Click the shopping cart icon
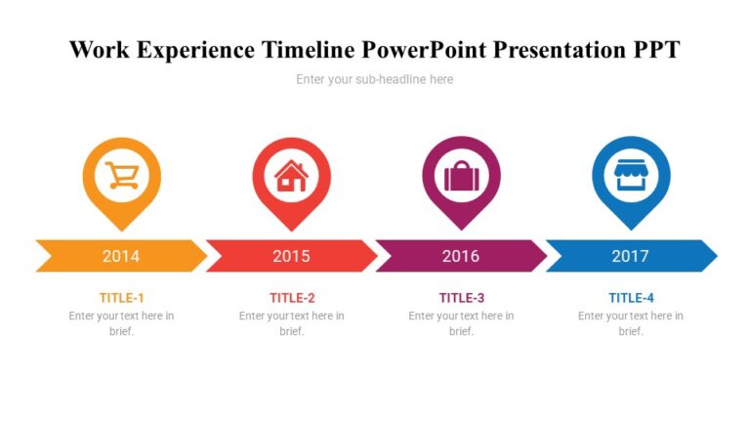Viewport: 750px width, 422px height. point(122,176)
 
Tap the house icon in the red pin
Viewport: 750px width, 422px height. point(291,176)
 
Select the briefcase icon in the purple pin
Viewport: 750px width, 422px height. point(461,176)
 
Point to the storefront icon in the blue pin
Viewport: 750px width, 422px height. point(631,176)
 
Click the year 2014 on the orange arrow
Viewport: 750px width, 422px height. point(121,256)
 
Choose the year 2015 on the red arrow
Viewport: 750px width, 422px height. point(291,256)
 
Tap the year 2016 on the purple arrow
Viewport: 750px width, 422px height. point(461,256)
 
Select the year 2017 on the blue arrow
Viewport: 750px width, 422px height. point(631,256)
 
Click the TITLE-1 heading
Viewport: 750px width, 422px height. point(122,298)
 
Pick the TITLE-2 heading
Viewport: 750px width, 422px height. point(292,298)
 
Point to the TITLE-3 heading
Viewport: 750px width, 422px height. point(462,298)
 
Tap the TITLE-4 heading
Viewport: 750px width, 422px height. point(631,298)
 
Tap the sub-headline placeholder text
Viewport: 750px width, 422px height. point(375,79)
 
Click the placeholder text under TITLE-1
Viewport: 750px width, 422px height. point(122,323)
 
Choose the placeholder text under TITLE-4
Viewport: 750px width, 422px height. point(631,323)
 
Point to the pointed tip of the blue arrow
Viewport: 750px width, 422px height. point(715,256)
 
